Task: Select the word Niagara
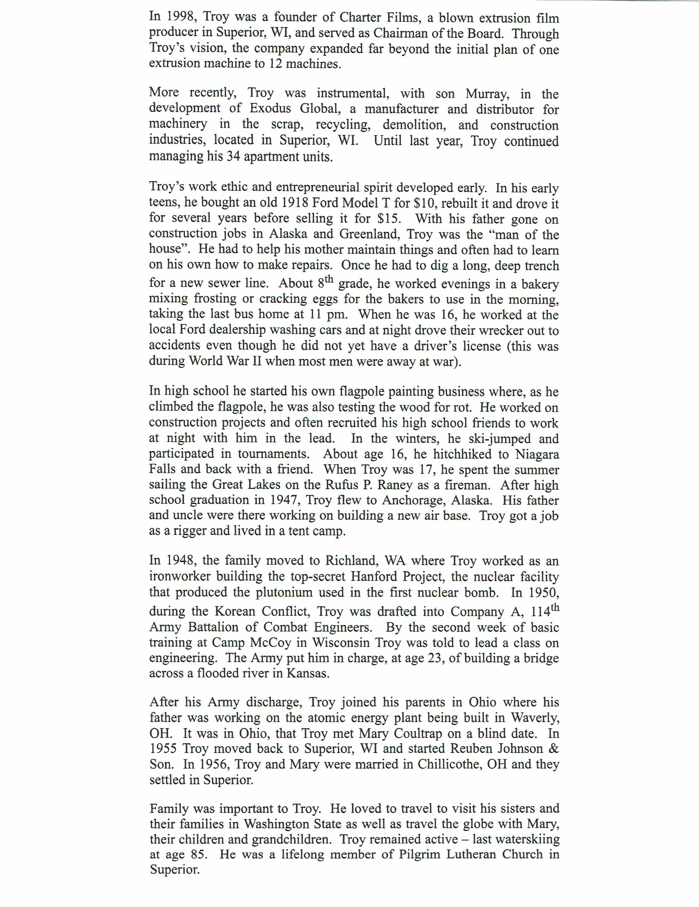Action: [537, 454]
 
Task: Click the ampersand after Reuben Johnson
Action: [554, 749]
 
